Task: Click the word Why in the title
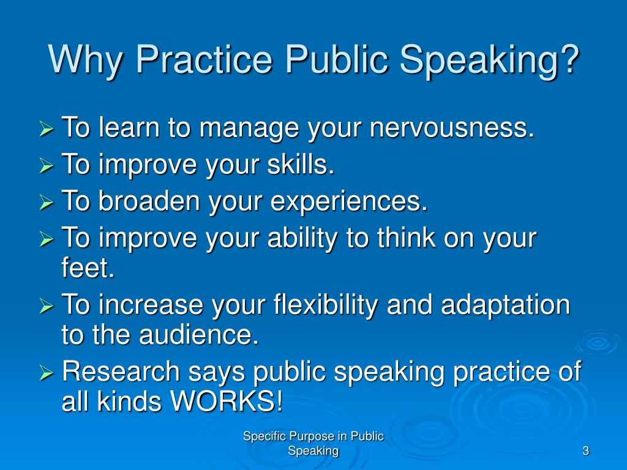[84, 60]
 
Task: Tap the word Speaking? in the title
[489, 60]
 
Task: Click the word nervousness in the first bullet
[452, 128]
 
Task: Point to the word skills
[301, 164]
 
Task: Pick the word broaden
[149, 201]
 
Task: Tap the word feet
[88, 267]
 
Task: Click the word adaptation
[505, 305]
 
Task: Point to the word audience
[199, 335]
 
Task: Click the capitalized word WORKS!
[227, 401]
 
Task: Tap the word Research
[121, 371]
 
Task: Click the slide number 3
[586, 451]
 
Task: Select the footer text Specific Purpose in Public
[313, 436]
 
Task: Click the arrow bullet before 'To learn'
[47, 129]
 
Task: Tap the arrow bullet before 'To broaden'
[47, 202]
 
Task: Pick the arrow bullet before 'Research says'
[47, 373]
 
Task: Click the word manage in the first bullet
[249, 129]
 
